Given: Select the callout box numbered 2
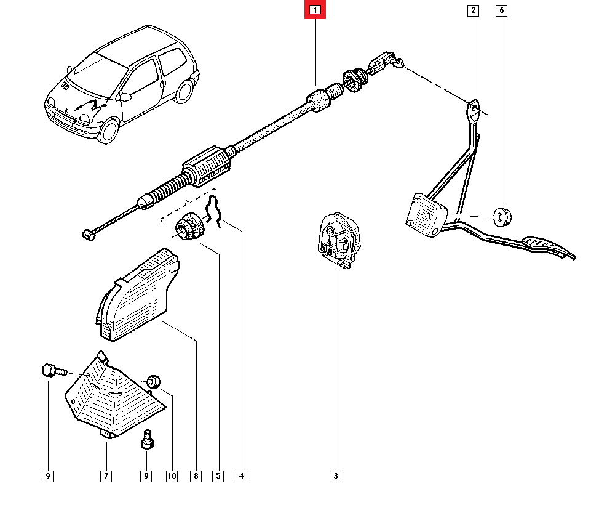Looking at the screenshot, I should click(473, 10).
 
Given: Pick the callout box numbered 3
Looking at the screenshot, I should click(335, 475).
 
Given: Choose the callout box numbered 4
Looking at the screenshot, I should click(242, 475).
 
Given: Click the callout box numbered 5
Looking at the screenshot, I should click(218, 475).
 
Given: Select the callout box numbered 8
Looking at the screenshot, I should click(196, 475).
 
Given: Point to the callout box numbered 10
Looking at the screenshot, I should click(171, 475).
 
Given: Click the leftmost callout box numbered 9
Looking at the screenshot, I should click(48, 475).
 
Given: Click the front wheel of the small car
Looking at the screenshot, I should click(109, 130).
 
